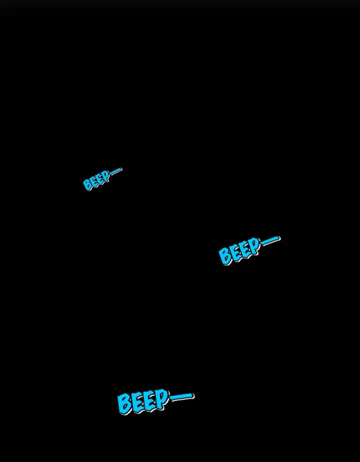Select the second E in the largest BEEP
pyautogui.click(x=150, y=400)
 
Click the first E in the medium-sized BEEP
pyautogui.click(x=235, y=253)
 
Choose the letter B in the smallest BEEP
pyautogui.click(x=87, y=184)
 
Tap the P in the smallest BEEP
pyautogui.click(x=106, y=176)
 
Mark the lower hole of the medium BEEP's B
pyautogui.click(x=226, y=259)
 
